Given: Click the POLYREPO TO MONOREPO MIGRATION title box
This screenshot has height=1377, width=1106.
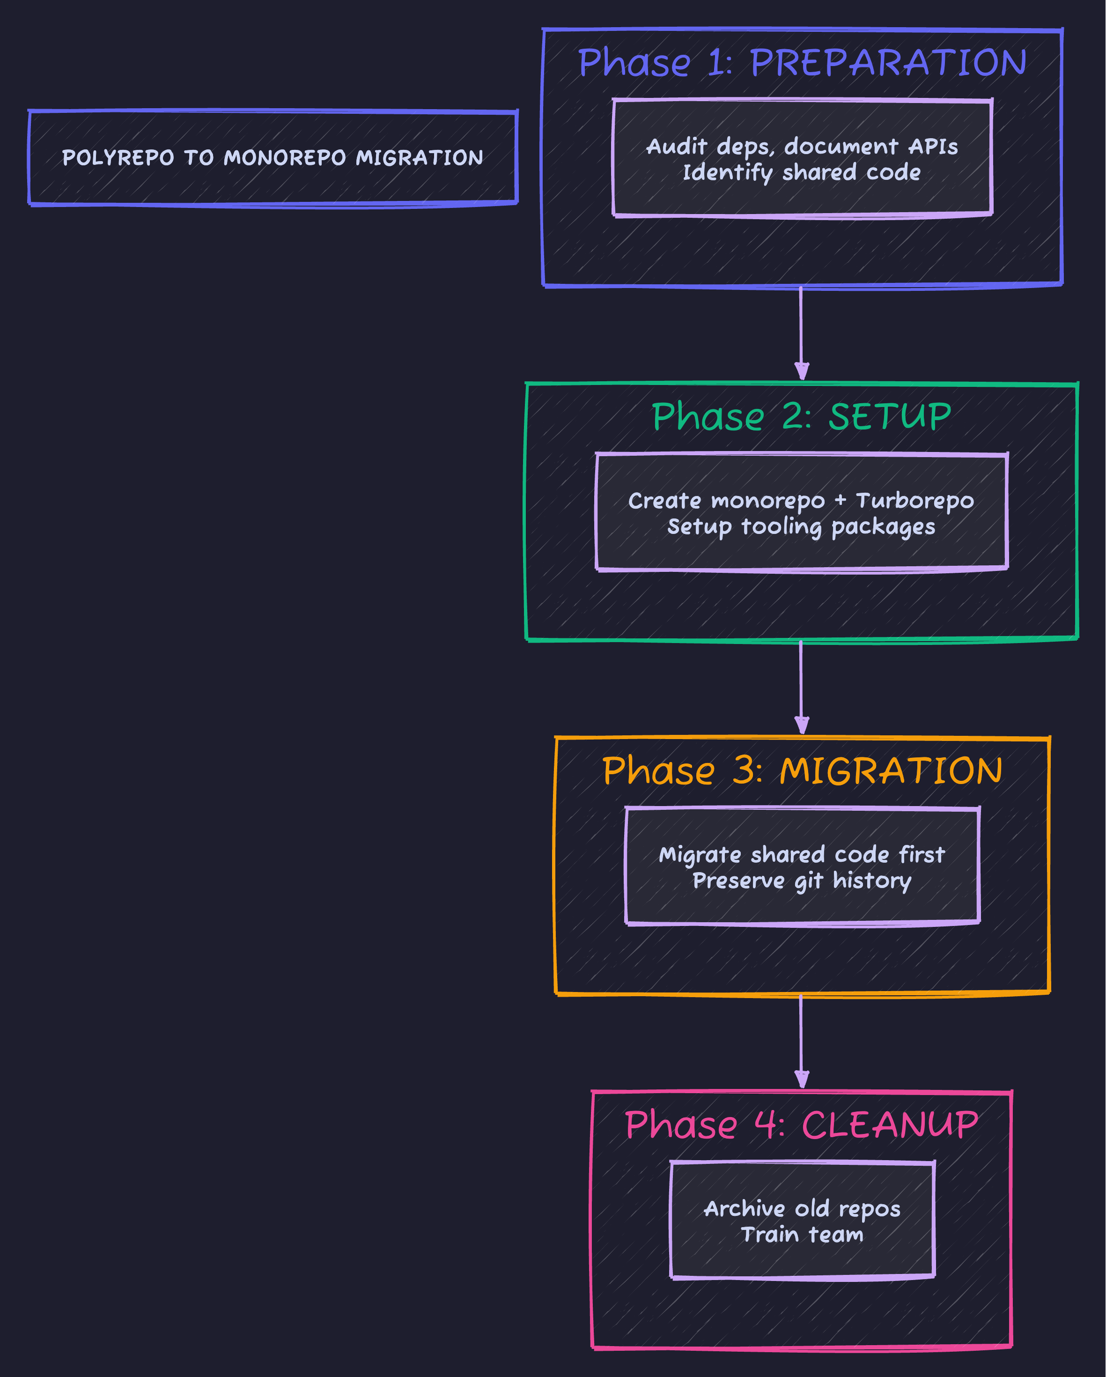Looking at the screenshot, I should pyautogui.click(x=273, y=158).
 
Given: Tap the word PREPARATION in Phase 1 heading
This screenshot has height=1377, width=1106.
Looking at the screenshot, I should pyautogui.click(x=888, y=63).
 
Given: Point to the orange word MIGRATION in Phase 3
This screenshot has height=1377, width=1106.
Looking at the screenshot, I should pyautogui.click(x=891, y=771).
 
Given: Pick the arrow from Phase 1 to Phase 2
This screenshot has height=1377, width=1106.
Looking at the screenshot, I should pyautogui.click(x=801, y=332).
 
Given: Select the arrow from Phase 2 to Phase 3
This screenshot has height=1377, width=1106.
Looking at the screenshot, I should pyautogui.click(x=801, y=687).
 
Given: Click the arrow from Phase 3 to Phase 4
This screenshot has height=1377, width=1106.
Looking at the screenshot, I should pyautogui.click(x=801, y=1041).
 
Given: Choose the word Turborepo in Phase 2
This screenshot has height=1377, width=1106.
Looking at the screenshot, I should pyautogui.click(x=914, y=501).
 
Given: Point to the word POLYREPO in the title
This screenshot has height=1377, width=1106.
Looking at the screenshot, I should pyautogui.click(x=118, y=158).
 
